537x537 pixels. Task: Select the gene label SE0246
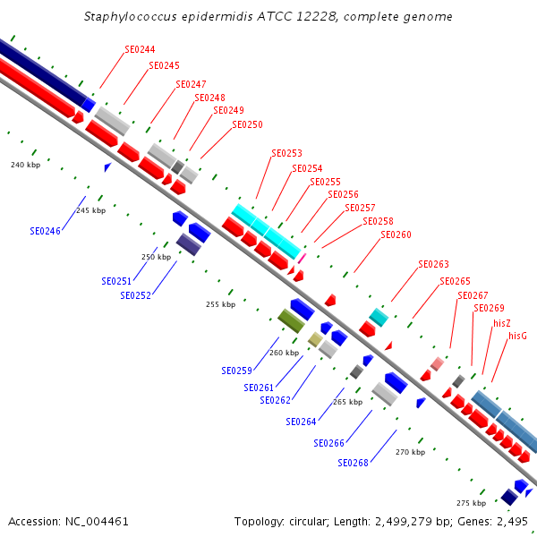click(x=45, y=231)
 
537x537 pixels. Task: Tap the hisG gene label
click(x=517, y=336)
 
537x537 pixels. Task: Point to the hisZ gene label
click(x=502, y=322)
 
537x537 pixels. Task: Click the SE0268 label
click(x=353, y=463)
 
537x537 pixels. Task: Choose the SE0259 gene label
click(x=236, y=370)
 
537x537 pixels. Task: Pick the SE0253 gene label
click(x=286, y=153)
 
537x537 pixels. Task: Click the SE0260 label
click(x=396, y=234)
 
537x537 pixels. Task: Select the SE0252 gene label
click(x=135, y=295)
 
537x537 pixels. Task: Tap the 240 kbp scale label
click(x=25, y=165)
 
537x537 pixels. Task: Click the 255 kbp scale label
click(x=220, y=304)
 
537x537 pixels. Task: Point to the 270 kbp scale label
click(x=410, y=452)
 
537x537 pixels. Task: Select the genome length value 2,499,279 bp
click(x=404, y=521)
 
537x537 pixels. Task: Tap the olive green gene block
click(x=291, y=320)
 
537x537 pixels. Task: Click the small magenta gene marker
click(x=302, y=258)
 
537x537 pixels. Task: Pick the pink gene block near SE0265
click(x=437, y=363)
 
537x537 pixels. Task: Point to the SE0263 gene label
click(x=433, y=264)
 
